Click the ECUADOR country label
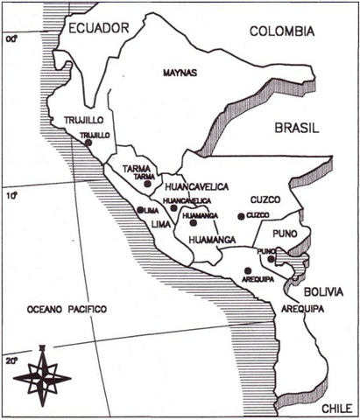99,29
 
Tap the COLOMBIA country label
281,31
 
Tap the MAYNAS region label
180,73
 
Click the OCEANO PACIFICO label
66,309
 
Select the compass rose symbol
42,375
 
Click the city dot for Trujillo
88,143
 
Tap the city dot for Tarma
148,184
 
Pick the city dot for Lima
140,210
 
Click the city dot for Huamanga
193,223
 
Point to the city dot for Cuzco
240,216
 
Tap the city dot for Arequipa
248,270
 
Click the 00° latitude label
11,38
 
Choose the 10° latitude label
11,196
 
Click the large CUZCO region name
264,199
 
